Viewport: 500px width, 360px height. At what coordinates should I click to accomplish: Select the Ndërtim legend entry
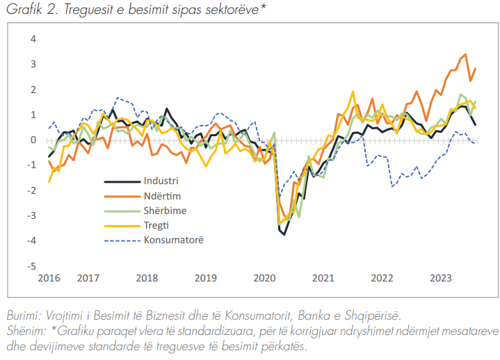point(164,195)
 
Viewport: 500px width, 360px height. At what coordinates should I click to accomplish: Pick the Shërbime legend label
point(166,210)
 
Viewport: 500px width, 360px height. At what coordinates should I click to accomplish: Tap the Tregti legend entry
point(158,225)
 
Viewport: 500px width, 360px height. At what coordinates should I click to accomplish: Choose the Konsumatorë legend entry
point(174,240)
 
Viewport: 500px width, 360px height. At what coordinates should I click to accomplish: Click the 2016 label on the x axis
point(49,279)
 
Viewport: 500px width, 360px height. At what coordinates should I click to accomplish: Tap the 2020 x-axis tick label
point(264,279)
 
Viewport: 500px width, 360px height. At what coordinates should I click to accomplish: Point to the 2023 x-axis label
point(440,279)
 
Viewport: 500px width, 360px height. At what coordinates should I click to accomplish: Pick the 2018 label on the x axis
point(147,279)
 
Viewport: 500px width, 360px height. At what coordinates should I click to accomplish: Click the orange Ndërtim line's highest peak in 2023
point(465,54)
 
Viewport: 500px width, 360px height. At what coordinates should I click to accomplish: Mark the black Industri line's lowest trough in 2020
point(284,234)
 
